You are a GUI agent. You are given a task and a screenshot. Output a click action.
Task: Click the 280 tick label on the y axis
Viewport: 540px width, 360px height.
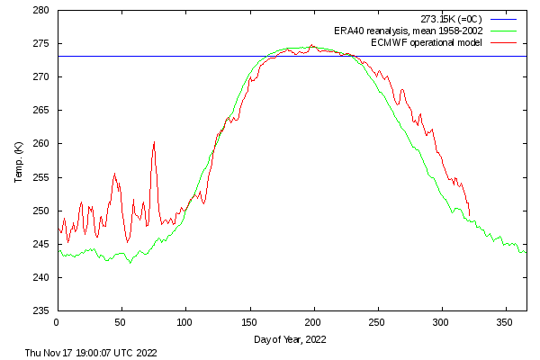[x=40, y=11]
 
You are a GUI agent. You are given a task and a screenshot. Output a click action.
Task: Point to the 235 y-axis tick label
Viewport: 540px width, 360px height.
[x=40, y=310]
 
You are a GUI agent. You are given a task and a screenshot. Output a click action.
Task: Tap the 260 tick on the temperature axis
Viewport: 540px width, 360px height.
[x=40, y=144]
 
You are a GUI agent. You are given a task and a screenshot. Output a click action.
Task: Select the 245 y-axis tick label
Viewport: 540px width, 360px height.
[x=40, y=244]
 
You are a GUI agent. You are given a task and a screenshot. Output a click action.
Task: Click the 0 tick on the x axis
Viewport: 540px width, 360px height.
[x=57, y=321]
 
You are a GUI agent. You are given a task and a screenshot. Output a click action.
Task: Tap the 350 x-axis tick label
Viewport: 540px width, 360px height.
[x=505, y=321]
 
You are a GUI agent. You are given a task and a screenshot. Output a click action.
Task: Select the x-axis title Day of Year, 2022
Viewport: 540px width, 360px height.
[x=292, y=339]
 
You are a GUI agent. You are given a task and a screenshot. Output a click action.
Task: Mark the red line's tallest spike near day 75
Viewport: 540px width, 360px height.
[x=154, y=142]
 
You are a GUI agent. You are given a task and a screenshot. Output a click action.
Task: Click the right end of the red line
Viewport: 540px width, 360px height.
[x=470, y=216]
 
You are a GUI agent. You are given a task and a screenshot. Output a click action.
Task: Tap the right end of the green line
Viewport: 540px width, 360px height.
[x=526, y=252]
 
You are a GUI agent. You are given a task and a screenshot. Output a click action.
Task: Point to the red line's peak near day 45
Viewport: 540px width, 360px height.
[x=114, y=174]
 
